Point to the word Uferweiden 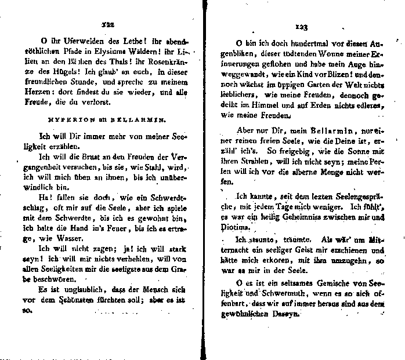coord(73,42)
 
